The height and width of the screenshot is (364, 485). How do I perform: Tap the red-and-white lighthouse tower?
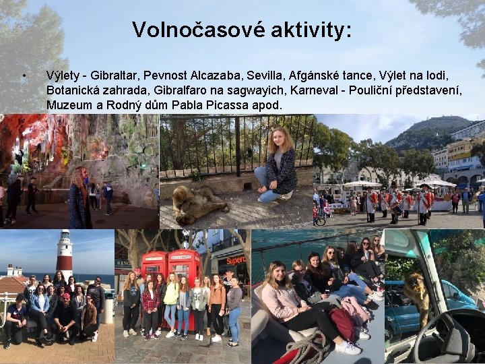65,255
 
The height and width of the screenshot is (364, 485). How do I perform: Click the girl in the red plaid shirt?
150,307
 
